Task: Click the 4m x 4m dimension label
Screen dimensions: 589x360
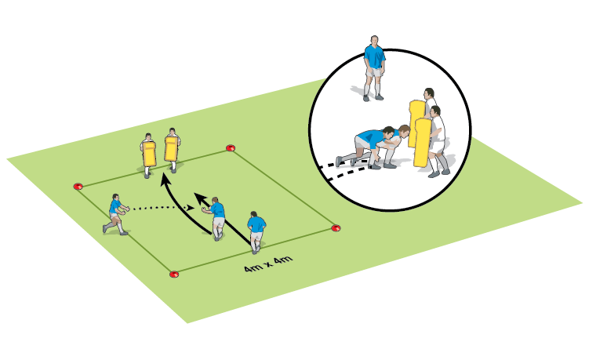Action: point(267,264)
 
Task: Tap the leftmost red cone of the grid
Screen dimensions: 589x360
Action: point(78,187)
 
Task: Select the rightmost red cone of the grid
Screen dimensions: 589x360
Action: point(336,227)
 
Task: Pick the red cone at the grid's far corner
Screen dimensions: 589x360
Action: point(231,147)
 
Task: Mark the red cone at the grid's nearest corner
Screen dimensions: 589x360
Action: point(173,275)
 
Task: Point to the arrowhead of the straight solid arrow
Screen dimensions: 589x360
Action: point(199,198)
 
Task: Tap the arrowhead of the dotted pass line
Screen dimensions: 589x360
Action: point(191,207)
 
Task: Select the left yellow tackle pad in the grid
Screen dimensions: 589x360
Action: point(149,154)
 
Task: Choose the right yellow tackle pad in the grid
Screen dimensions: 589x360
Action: point(171,148)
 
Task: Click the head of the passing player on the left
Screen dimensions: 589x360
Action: point(116,197)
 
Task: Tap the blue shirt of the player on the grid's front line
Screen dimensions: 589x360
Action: point(256,224)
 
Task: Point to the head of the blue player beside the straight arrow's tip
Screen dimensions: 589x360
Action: point(215,200)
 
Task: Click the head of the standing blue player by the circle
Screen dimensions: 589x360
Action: point(374,40)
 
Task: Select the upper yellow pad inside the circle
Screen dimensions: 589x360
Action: point(416,123)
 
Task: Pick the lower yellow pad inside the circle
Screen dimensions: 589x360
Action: point(423,143)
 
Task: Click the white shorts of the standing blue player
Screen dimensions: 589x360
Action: point(373,72)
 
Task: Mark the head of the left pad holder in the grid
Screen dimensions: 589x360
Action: point(148,136)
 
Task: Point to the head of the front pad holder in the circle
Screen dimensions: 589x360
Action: point(435,111)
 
